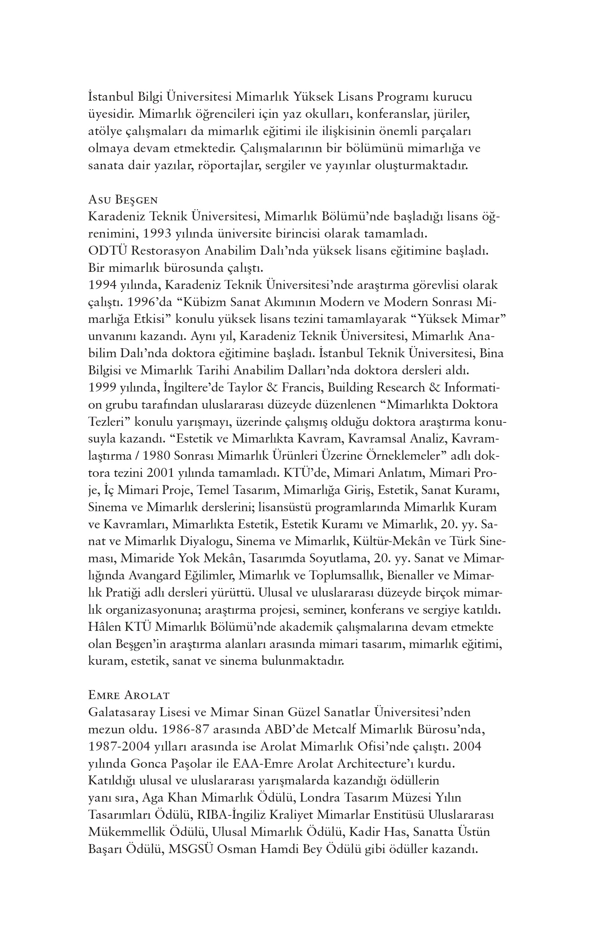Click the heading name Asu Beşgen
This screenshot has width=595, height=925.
123,199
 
